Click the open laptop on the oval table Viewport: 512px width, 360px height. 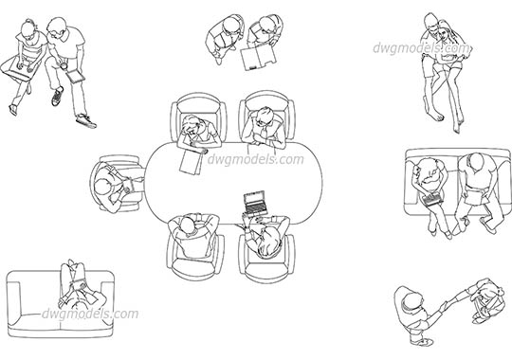(256, 202)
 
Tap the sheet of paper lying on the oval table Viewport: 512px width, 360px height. (192, 161)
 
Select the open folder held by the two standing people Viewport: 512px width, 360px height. (255, 60)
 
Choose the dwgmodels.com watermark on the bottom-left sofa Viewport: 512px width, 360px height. (91, 315)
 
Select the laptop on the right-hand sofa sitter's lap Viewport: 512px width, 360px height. (432, 201)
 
